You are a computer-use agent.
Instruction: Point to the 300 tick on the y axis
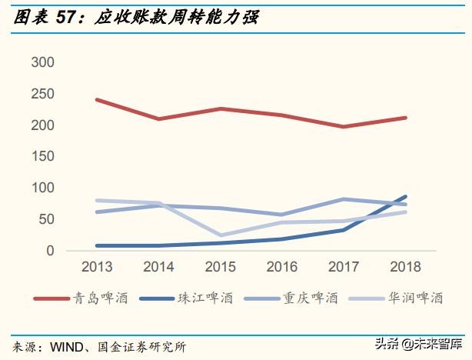[x=43, y=62]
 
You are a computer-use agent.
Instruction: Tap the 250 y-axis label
[x=43, y=94]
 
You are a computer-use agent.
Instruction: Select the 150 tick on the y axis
[x=43, y=156]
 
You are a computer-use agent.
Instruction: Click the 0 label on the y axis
[x=51, y=251]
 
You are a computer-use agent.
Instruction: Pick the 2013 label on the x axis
[x=97, y=267]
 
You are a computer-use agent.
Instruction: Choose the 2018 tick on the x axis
[x=407, y=267]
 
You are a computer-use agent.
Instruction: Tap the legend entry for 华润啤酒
[x=407, y=298]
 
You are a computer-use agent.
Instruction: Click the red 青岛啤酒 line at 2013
[x=97, y=100]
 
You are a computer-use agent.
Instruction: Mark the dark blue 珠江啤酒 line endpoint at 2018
[x=406, y=197]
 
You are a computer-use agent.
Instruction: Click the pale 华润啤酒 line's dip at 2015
[x=221, y=235]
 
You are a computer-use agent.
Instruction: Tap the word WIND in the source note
[x=68, y=347]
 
